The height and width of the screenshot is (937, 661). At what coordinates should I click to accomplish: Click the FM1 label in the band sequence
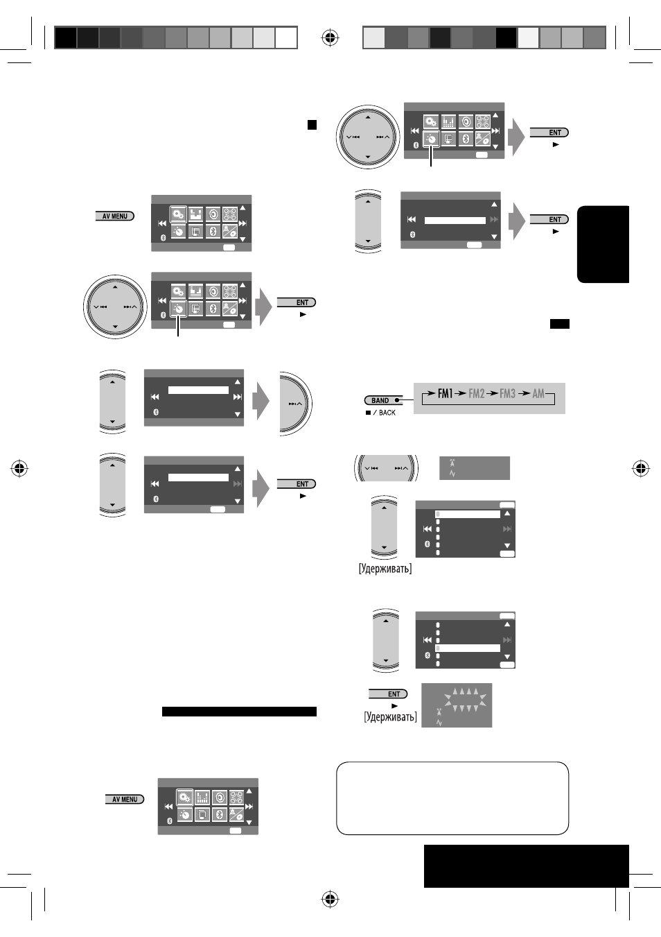click(x=445, y=393)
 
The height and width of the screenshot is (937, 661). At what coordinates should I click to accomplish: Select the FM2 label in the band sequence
click(x=476, y=393)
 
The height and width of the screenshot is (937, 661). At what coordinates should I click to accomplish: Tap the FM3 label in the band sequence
click(x=508, y=393)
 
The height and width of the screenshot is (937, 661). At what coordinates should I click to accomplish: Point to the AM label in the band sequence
click(x=538, y=393)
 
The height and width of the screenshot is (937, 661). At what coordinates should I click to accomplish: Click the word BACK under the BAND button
click(x=387, y=413)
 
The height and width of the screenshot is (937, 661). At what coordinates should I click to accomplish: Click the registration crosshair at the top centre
click(x=330, y=37)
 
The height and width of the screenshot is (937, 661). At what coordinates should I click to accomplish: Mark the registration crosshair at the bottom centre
click(x=330, y=899)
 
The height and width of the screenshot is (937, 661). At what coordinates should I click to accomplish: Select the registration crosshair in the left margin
click(x=19, y=468)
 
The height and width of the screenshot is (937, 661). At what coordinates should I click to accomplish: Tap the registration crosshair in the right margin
click(x=640, y=468)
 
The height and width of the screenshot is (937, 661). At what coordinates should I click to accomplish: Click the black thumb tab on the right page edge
click(x=603, y=244)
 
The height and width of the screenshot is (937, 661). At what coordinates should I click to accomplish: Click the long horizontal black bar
click(x=239, y=712)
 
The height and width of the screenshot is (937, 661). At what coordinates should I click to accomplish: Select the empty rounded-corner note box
click(x=452, y=798)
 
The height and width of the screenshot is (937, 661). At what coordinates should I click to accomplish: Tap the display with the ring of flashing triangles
click(x=457, y=705)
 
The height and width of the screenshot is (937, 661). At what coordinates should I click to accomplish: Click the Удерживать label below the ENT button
click(x=390, y=717)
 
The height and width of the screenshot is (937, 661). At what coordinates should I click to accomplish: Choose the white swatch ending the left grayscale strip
click(x=286, y=37)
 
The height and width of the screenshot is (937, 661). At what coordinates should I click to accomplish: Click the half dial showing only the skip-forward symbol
click(x=296, y=403)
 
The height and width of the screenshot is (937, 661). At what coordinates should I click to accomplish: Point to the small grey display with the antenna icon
click(x=474, y=468)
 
